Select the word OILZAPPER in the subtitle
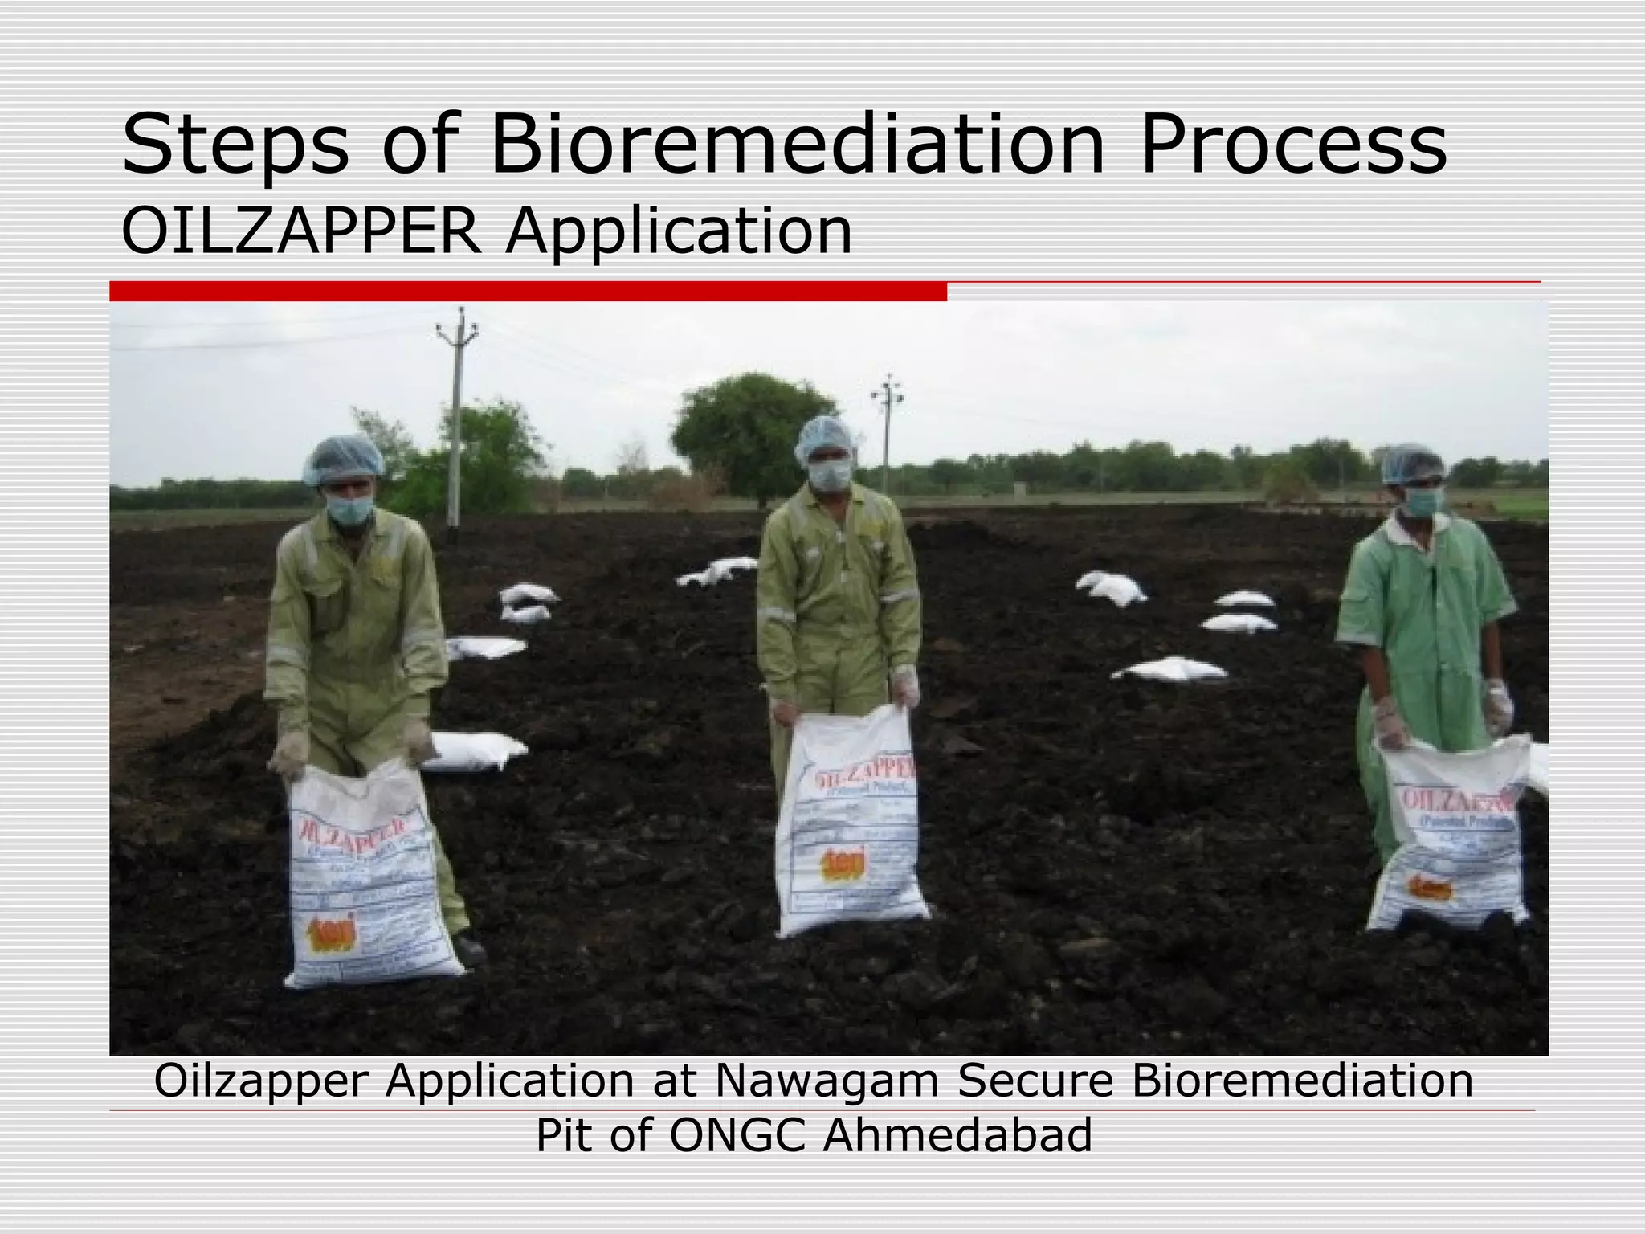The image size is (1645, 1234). point(302,232)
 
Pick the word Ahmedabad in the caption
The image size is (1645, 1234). point(957,1135)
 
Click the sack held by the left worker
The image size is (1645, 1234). point(365,880)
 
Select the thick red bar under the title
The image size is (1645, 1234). point(528,292)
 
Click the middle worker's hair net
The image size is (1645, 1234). point(825,436)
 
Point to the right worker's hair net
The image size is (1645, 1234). point(1411,464)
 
